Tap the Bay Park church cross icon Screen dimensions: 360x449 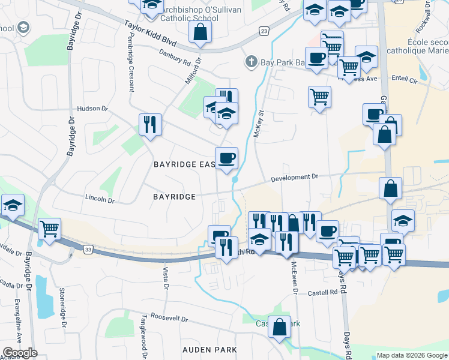coord(250,62)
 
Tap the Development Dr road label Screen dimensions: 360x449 coord(294,178)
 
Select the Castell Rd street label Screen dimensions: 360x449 coord(325,292)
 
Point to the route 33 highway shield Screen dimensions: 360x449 coord(88,249)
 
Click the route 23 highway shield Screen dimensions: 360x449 coord(264,30)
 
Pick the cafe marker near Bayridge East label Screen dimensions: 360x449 coord(226,158)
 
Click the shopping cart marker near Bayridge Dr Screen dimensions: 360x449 coord(49,228)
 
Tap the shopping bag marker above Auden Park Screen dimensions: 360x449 coord(279,327)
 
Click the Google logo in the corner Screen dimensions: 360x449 coord(20,353)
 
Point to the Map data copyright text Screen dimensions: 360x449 coord(412,355)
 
